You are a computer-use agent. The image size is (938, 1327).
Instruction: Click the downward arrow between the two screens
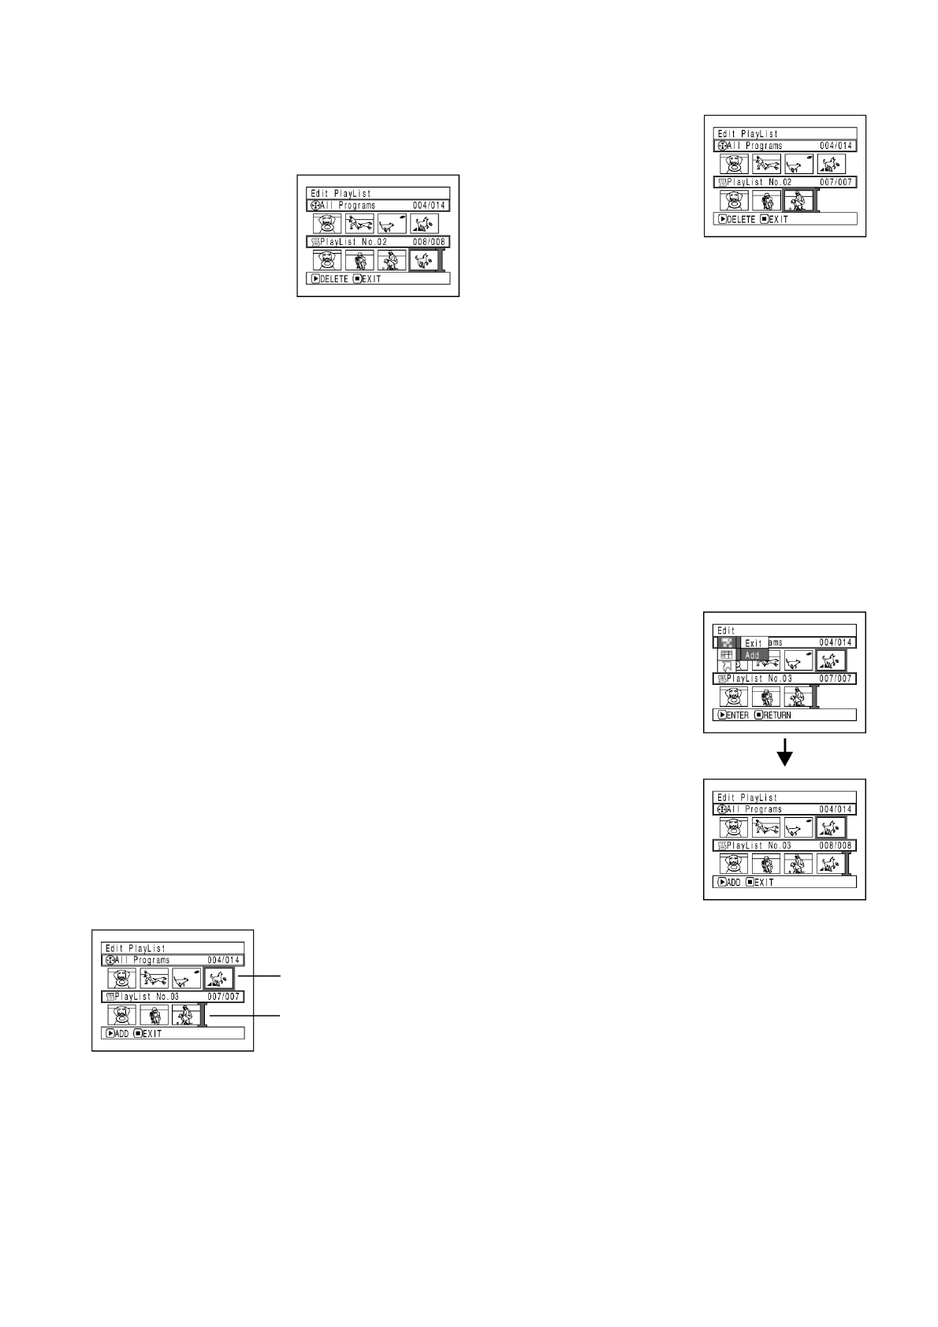pyautogui.click(x=784, y=756)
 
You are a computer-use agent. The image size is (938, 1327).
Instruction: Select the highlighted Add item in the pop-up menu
pyautogui.click(x=753, y=655)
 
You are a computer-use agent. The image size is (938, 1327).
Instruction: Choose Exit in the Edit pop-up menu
pyautogui.click(x=754, y=643)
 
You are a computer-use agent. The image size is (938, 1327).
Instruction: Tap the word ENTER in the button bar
pyautogui.click(x=738, y=716)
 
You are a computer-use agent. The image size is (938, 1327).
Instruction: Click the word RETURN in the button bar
pyautogui.click(x=777, y=716)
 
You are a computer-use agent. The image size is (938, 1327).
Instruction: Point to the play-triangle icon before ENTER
pyautogui.click(x=722, y=716)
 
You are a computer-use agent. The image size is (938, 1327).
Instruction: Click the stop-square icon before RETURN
pyautogui.click(x=758, y=716)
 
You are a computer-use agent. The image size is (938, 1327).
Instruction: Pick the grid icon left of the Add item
pyautogui.click(x=727, y=655)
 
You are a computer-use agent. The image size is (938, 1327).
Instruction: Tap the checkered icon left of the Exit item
pyautogui.click(x=727, y=642)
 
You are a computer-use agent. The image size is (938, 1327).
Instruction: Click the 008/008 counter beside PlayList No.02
pyautogui.click(x=429, y=242)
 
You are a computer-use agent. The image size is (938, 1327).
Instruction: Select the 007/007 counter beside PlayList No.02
pyautogui.click(x=836, y=182)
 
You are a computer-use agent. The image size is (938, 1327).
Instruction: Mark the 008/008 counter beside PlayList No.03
pyautogui.click(x=836, y=846)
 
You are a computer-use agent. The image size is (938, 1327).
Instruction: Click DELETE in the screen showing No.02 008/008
pyautogui.click(x=334, y=279)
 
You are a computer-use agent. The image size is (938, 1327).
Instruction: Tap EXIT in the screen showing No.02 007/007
pyautogui.click(x=777, y=219)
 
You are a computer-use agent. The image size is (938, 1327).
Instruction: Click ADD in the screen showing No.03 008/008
pyautogui.click(x=734, y=883)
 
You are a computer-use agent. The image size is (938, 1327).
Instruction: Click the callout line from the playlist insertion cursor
pyautogui.click(x=244, y=1016)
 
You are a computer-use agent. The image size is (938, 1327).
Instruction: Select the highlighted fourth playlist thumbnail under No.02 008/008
pyautogui.click(x=424, y=260)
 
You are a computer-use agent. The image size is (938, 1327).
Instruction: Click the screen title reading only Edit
pyautogui.click(x=726, y=630)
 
